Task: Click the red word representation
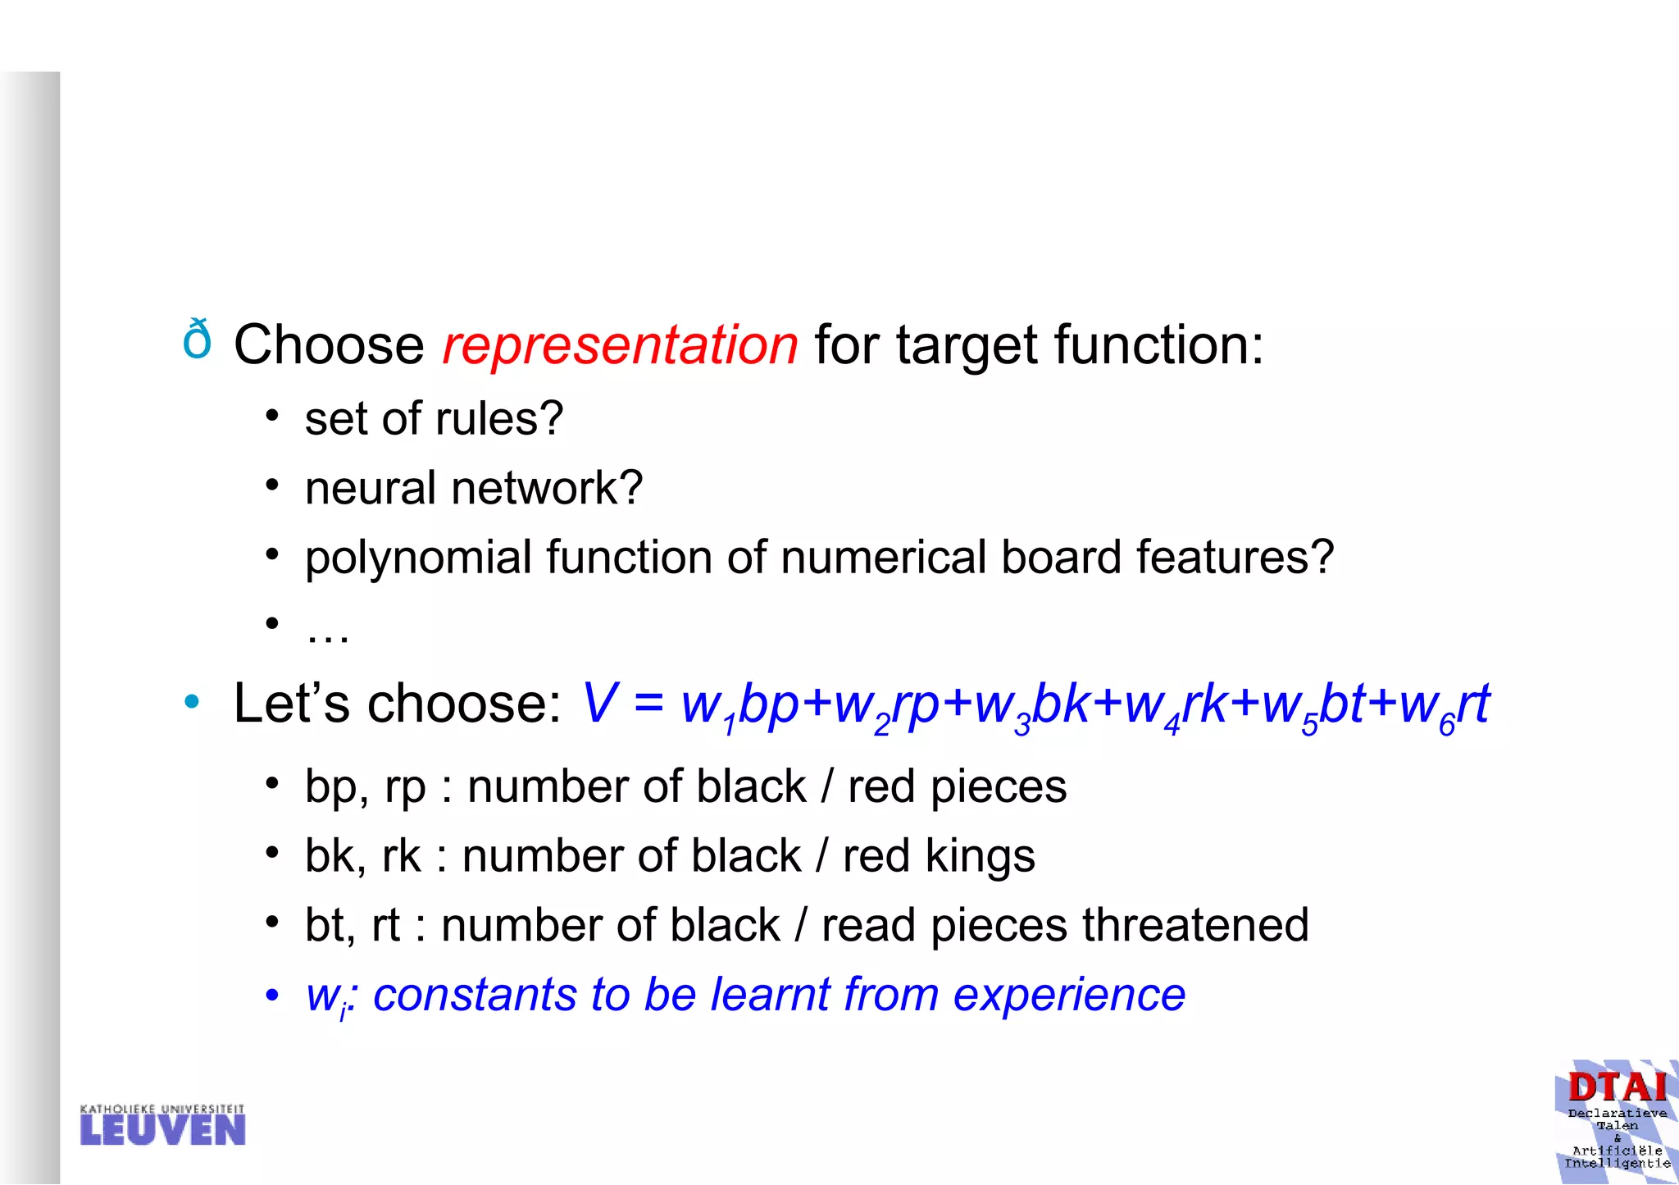pos(620,344)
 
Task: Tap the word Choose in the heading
pos(329,344)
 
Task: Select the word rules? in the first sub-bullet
pos(499,419)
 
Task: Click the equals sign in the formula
pos(648,704)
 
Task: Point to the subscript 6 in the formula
pos(1446,726)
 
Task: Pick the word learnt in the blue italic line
pos(770,995)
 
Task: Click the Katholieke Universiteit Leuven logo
pos(162,1125)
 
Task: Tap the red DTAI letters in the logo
pos(1617,1087)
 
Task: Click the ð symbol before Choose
pos(197,340)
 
